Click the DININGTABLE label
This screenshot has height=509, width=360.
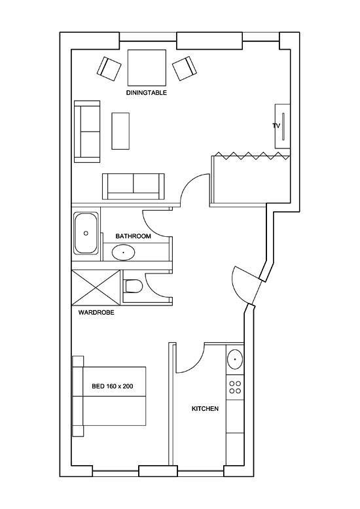click(x=147, y=93)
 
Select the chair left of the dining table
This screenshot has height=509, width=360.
click(x=110, y=68)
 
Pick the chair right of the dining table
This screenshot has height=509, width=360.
click(x=184, y=67)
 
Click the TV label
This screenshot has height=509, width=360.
click(x=276, y=125)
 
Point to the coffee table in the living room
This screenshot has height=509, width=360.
click(x=121, y=131)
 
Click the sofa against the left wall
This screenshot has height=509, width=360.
click(x=86, y=132)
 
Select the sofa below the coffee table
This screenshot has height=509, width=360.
click(x=134, y=186)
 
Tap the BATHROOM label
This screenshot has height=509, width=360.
click(x=134, y=236)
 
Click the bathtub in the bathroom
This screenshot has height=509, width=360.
click(x=86, y=233)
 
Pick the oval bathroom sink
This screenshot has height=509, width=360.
click(x=123, y=252)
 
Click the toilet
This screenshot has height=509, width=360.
click(x=133, y=285)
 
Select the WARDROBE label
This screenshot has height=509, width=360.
click(x=96, y=313)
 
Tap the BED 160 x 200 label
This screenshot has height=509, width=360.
click(x=113, y=387)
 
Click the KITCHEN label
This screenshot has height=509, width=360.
click(x=205, y=409)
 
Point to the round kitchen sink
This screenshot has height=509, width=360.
click(x=234, y=360)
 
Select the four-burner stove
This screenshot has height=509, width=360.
click(x=234, y=388)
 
